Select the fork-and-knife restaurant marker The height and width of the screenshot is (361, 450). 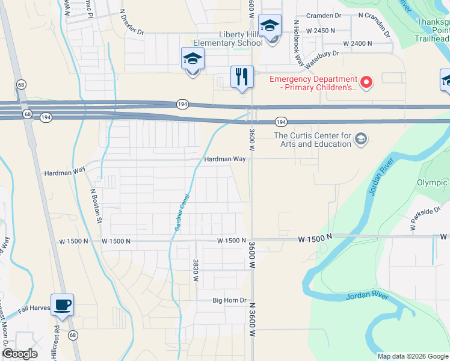click(241, 77)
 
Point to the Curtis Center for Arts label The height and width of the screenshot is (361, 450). click(312, 140)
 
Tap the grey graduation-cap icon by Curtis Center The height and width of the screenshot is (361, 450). click(360, 140)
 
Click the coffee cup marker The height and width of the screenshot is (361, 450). click(62, 305)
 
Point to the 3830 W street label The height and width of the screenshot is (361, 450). click(196, 270)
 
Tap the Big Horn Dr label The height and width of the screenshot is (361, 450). click(230, 300)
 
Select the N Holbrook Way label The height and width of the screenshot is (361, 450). click(297, 39)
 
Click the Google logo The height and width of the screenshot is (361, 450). click(20, 354)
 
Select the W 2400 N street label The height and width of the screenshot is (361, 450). click(358, 43)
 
